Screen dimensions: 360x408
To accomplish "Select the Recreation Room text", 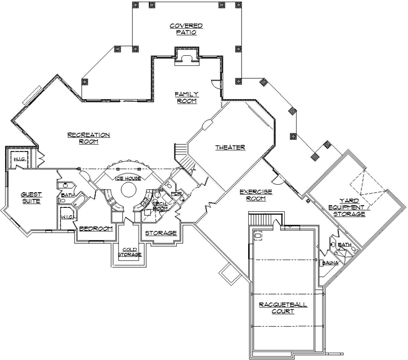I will [88, 138].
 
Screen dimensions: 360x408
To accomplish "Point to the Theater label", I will [230, 148].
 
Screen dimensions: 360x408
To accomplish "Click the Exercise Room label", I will [256, 195].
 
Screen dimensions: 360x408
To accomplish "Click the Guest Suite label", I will [31, 198].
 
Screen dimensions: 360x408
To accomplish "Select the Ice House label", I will [128, 179].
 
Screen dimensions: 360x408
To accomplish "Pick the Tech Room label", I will [161, 206].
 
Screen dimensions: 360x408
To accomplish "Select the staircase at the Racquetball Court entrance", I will [260, 219].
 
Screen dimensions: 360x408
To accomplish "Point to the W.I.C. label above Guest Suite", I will [20, 159].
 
